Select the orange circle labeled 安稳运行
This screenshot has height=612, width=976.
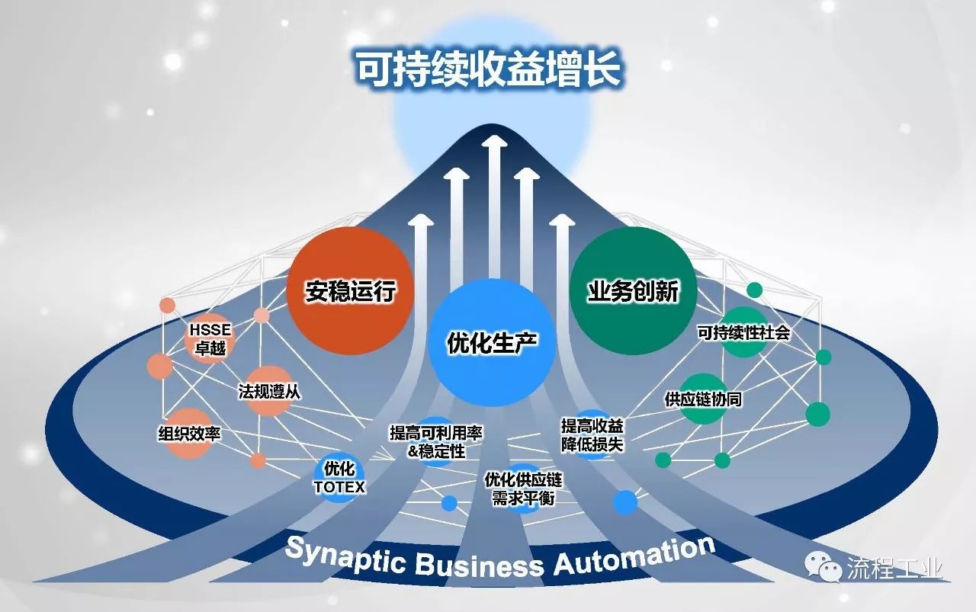350,290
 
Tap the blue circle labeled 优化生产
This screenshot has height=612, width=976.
492,341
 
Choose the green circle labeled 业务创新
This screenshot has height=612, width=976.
633,290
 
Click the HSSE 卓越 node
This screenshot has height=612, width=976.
208,338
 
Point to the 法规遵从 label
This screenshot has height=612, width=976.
269,392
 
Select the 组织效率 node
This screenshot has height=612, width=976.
188,434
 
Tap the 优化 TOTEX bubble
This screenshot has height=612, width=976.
339,477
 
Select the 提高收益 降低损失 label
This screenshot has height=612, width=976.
592,434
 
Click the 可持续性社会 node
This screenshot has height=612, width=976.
743,333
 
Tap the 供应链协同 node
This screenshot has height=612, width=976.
703,398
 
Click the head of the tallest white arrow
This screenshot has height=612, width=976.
495,143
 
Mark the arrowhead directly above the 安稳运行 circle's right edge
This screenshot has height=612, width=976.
420,221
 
